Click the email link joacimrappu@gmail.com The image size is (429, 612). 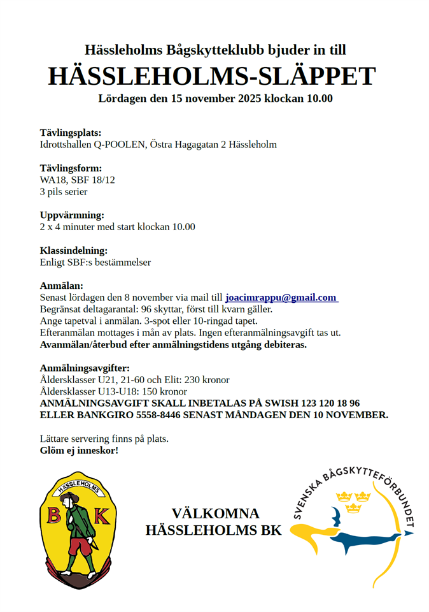(x=281, y=298)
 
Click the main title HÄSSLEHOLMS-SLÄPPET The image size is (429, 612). (x=212, y=76)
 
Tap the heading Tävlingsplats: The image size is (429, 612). (x=71, y=133)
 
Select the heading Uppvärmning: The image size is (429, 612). (x=72, y=215)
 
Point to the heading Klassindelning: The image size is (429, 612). (x=74, y=251)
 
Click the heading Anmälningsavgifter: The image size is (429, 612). (x=85, y=368)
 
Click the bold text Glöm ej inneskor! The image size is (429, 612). (x=79, y=451)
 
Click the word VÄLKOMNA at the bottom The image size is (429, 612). (x=215, y=514)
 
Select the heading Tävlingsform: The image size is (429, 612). (x=71, y=168)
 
